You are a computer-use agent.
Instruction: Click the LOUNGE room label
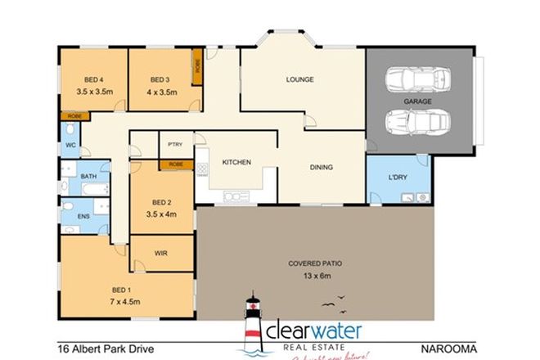coord(299,79)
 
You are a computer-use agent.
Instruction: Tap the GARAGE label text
coord(417,101)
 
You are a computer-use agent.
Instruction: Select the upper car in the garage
coord(416,79)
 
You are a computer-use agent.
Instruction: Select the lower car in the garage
coord(416,123)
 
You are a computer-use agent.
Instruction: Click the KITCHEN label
coord(236,162)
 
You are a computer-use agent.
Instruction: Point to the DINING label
coord(321,168)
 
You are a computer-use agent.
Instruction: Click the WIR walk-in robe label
coord(160,254)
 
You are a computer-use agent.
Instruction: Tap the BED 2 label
coord(160,203)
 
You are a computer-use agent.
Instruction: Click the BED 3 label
coord(160,79)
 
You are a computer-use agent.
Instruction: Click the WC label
coord(70,145)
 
